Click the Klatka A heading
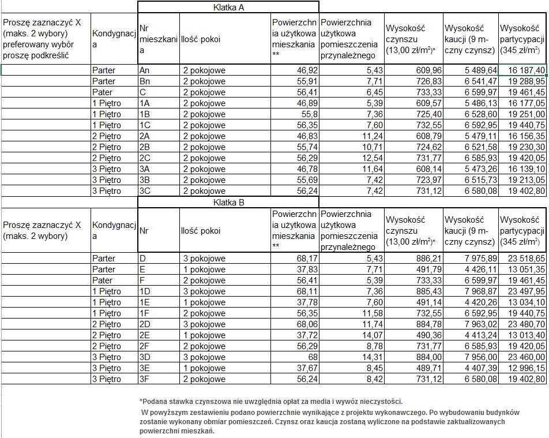228,8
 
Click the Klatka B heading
228,203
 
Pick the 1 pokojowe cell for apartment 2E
205,335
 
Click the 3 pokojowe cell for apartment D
205,259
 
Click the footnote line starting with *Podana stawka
270,402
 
